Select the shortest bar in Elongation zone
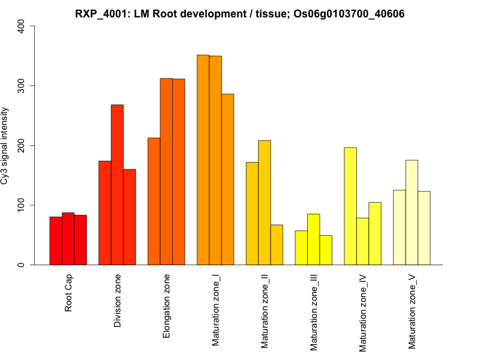pyautogui.click(x=154, y=201)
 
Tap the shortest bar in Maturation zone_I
pyautogui.click(x=227, y=179)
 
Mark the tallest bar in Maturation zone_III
pyautogui.click(x=313, y=239)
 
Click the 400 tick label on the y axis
pyautogui.click(x=22, y=26)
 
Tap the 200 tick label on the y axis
pyautogui.click(x=22, y=145)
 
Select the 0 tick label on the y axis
pyautogui.click(x=22, y=265)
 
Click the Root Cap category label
pyautogui.click(x=68, y=294)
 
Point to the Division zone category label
pyautogui.click(x=118, y=301)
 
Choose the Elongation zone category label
pyautogui.click(x=167, y=306)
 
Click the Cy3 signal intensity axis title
pyautogui.click(x=6, y=145)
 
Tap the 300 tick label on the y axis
pyautogui.click(x=22, y=86)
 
